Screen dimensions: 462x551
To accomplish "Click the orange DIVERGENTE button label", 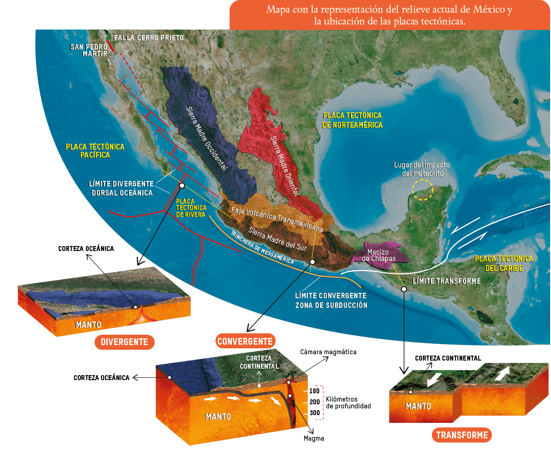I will pos(124,342).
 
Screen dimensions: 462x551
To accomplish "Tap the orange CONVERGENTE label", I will pos(245,341).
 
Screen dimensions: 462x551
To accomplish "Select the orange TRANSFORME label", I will pos(462,435).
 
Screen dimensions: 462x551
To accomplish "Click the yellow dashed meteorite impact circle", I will pos(423,190).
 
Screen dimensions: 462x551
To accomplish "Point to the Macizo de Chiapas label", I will pos(378,256).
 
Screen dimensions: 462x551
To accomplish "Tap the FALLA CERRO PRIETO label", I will pos(149,38).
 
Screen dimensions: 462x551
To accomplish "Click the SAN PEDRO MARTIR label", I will pos(89,50).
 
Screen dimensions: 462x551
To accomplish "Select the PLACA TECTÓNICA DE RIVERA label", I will pos(191,208).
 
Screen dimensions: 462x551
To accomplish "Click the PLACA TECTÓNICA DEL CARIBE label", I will pos(504,263).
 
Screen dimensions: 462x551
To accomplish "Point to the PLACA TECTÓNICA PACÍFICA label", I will pos(95,151).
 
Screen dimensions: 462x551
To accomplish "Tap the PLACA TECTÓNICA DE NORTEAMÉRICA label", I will pos(352,120).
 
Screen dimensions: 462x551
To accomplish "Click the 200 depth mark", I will pos(315,402).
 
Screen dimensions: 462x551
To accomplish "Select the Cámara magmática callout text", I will pos(328,352).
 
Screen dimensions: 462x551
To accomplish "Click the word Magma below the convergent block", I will pos(314,438).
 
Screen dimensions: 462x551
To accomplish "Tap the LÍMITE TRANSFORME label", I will pos(446,281).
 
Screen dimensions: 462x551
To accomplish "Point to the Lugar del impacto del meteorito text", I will pos(422,169).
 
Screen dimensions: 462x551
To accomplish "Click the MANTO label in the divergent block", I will pos(88,325).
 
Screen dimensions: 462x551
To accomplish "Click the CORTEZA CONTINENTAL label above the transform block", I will pos(448,358).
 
